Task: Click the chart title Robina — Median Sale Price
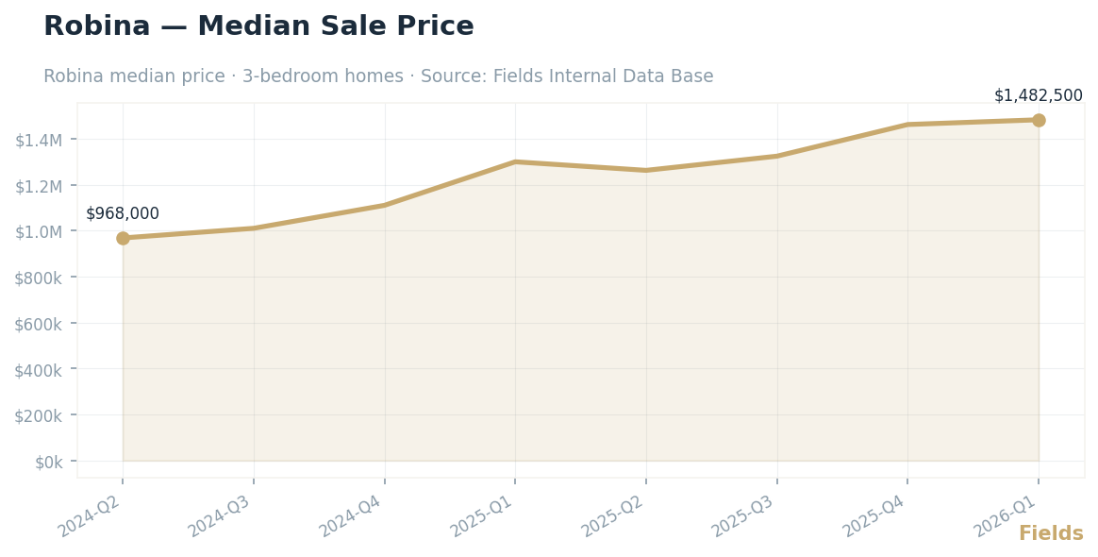coord(258,26)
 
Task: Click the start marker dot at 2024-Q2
coord(123,238)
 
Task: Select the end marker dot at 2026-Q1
coord(1039,120)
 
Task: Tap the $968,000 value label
coord(123,213)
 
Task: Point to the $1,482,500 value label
coord(1038,95)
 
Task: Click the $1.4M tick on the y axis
coord(39,140)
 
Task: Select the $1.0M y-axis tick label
coord(39,231)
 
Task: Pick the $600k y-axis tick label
coord(39,324)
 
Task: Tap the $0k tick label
coord(48,462)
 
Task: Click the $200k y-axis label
coord(39,415)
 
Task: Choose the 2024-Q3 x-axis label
coord(220,515)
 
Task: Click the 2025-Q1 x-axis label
coord(482,515)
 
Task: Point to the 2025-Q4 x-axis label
coord(874,515)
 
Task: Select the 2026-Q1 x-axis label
coord(1006,515)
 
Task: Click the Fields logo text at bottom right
coord(1051,533)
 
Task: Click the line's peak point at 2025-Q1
coord(515,161)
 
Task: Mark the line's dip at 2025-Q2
coord(646,170)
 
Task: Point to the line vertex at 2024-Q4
coord(385,205)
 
